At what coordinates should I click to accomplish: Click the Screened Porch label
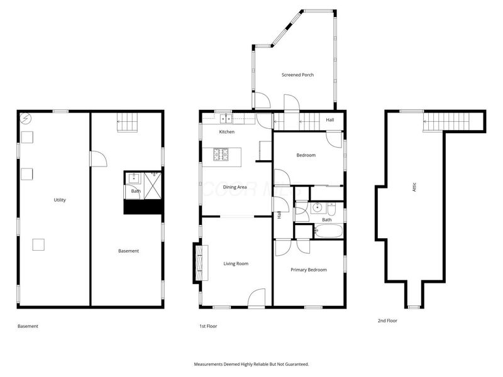pos(297,75)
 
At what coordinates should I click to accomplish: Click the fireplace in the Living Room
pos(199,263)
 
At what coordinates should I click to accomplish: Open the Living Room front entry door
pos(256,299)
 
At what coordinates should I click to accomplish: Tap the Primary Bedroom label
pos(308,270)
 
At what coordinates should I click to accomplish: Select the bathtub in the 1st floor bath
pos(328,231)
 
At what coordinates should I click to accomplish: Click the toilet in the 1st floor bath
pos(333,207)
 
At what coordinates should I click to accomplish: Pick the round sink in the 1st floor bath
pos(316,206)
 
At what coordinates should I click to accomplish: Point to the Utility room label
pos(60,200)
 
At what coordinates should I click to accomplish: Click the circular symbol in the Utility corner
pos(25,117)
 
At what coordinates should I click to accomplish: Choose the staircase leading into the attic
pos(446,121)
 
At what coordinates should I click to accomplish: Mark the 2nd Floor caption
pos(387,320)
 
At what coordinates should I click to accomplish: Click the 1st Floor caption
pos(208,326)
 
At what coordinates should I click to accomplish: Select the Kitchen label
pos(226,132)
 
